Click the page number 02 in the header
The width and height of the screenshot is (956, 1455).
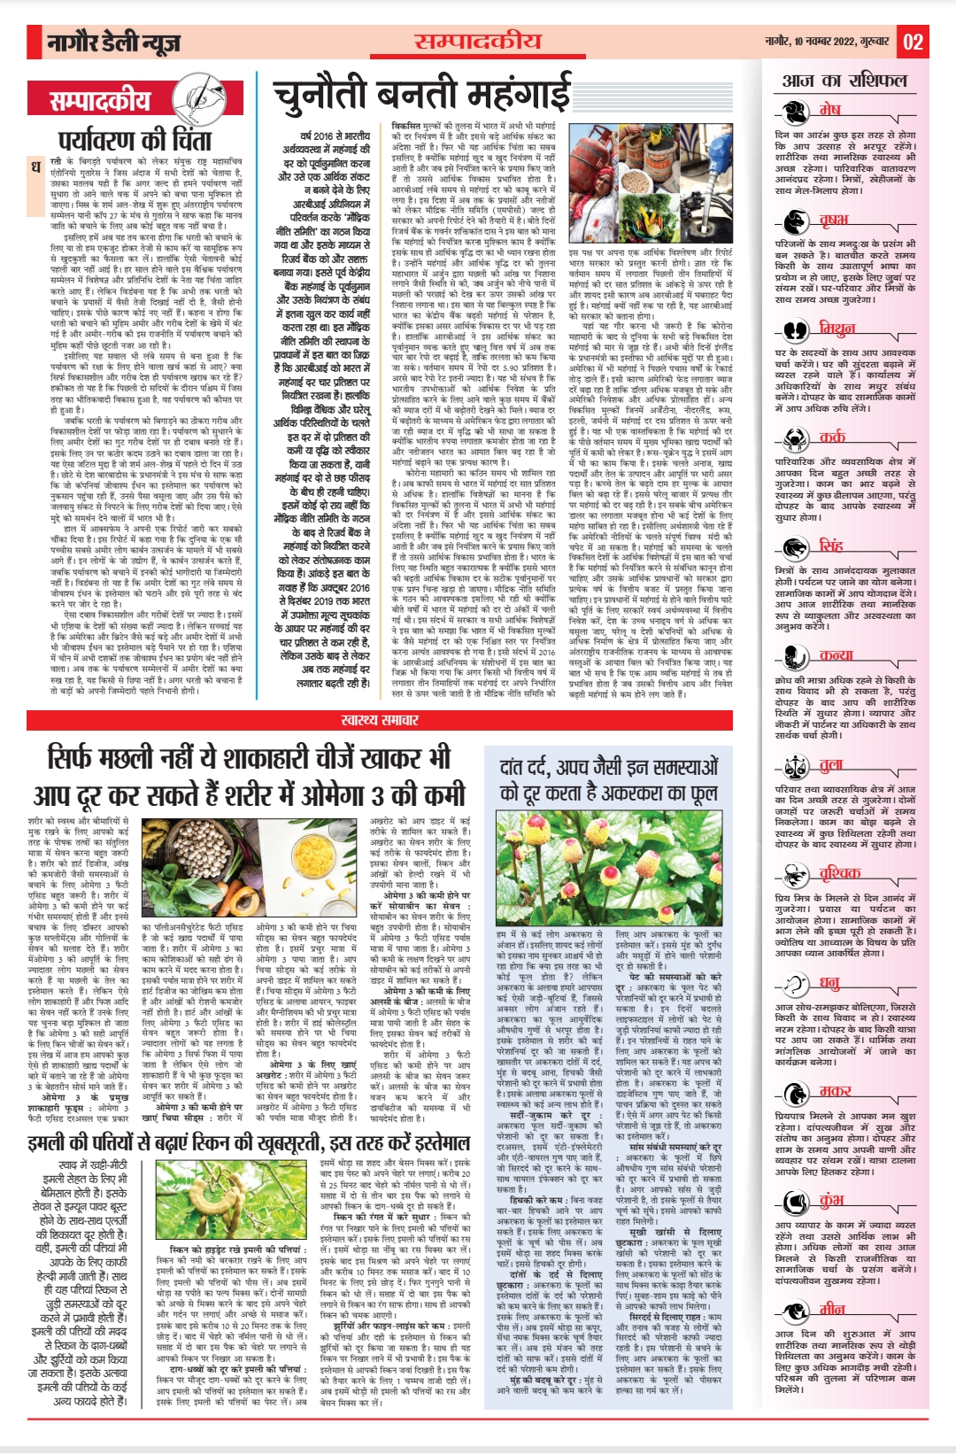[913, 41]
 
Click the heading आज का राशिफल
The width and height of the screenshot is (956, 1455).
[844, 81]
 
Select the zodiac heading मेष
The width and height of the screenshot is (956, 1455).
[829, 110]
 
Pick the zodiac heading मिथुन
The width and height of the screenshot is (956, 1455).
[836, 329]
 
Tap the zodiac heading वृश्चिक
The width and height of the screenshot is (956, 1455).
[839, 873]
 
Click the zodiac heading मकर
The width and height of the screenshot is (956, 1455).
[834, 1090]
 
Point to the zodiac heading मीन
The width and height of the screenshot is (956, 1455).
[832, 1308]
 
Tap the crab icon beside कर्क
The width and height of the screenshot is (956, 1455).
[794, 437]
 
